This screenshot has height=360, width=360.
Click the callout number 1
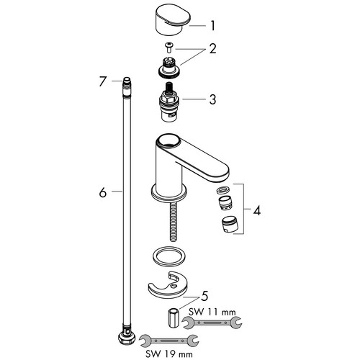point(212,26)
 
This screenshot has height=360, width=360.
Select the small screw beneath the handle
point(169,47)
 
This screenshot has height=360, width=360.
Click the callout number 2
point(212,48)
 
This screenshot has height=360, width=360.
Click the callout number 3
point(212,99)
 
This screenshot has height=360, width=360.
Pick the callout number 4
point(257,211)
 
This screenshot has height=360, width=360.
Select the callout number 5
point(204,297)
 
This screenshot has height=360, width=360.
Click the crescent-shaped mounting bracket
point(168,285)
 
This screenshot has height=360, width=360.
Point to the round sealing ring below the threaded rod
point(169,258)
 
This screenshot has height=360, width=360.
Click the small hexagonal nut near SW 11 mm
point(174,318)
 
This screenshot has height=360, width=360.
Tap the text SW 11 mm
point(212,312)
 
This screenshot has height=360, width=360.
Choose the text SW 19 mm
point(169,354)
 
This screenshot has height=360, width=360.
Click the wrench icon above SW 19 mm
point(169,341)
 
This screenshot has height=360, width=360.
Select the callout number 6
point(103,192)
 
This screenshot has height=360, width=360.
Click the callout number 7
point(102,81)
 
